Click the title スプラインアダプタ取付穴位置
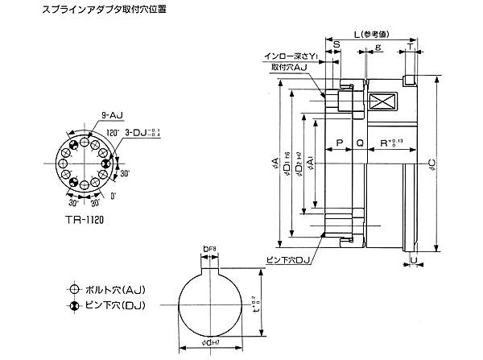[84, 10]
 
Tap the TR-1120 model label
[83, 219]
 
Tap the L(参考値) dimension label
[370, 35]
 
